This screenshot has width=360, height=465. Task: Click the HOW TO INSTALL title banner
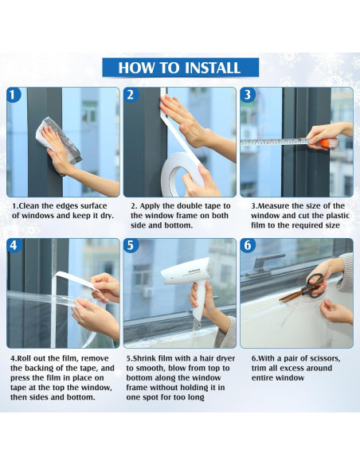(x=180, y=68)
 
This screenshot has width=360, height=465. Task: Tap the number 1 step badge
(x=13, y=95)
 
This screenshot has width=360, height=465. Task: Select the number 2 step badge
(x=131, y=95)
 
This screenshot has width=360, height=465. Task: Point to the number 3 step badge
(x=248, y=95)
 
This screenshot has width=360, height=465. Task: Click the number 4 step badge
(x=14, y=246)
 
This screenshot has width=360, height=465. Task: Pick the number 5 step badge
(x=131, y=246)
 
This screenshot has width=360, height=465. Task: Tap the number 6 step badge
(x=248, y=246)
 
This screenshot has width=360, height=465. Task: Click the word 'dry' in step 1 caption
(x=106, y=216)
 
